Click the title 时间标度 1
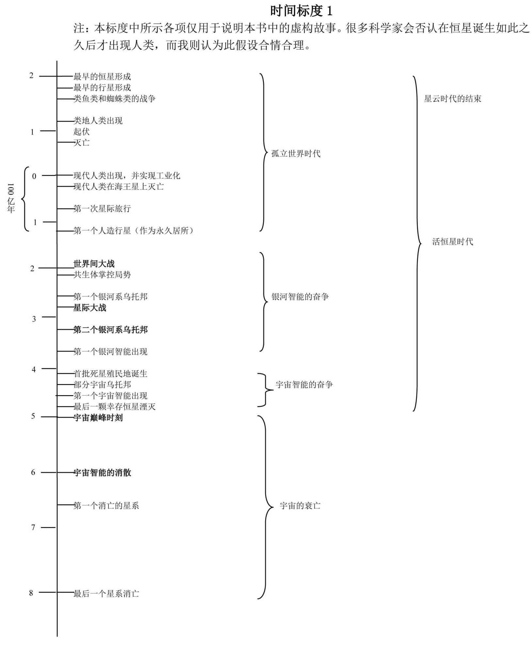(301, 11)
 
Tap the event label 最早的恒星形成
(102, 77)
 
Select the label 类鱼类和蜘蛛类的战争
(114, 99)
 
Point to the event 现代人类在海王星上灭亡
(119, 186)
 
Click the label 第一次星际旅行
(102, 208)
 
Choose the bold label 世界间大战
(94, 264)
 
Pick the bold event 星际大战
(90, 308)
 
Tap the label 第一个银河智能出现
(110, 351)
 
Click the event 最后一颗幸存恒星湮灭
(114, 407)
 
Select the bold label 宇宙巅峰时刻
(98, 418)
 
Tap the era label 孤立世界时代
(296, 154)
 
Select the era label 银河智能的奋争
(300, 297)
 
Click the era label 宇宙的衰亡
(300, 506)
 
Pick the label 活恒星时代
(453, 242)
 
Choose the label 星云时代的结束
(453, 99)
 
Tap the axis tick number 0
(34, 176)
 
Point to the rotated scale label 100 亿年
(11, 198)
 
